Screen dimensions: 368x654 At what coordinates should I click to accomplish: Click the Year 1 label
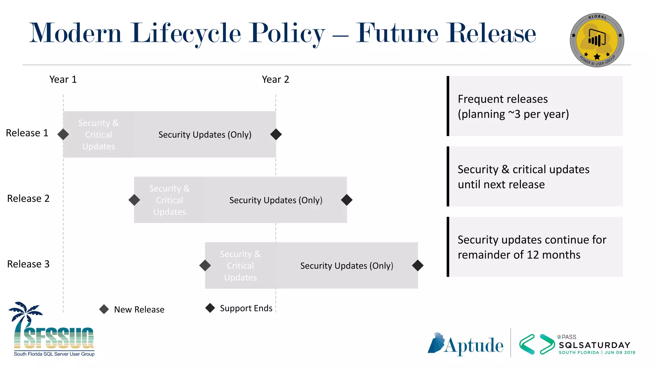(x=63, y=79)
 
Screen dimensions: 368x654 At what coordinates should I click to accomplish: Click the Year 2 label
(x=275, y=79)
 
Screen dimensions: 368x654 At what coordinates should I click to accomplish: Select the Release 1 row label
(x=27, y=133)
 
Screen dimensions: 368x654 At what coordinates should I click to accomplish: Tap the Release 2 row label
(x=28, y=198)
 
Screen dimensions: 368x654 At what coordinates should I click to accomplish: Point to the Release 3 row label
(x=28, y=264)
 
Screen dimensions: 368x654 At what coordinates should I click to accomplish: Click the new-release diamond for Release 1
(x=63, y=134)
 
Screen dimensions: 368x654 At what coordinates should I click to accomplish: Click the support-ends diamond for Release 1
(x=276, y=134)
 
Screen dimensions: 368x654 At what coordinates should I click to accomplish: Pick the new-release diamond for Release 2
(x=134, y=200)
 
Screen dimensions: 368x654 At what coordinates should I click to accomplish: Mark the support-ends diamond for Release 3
(x=418, y=265)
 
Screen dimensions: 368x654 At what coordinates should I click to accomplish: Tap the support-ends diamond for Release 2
(x=347, y=200)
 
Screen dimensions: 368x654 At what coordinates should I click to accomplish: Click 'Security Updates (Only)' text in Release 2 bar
(x=276, y=200)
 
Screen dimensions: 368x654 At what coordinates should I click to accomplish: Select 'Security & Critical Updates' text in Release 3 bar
(x=240, y=265)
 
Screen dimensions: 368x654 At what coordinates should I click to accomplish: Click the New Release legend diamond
(x=104, y=309)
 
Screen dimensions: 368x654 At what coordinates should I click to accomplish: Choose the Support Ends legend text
(x=246, y=308)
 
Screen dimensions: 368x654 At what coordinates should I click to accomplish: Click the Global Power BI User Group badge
(x=597, y=40)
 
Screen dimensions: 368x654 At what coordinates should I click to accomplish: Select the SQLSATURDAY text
(x=595, y=345)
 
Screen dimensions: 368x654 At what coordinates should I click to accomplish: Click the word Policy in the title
(x=287, y=33)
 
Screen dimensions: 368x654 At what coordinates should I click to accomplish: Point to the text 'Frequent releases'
(x=503, y=99)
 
